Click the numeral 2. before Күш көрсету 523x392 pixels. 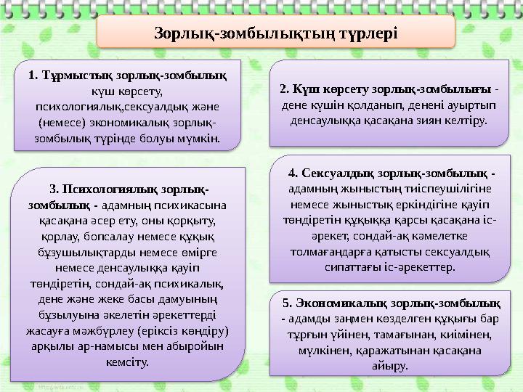click(x=284, y=90)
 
